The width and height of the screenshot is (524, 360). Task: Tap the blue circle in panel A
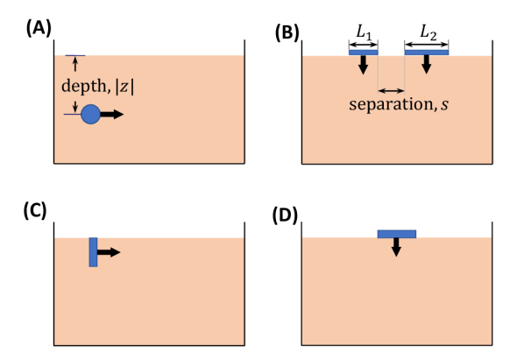click(x=91, y=114)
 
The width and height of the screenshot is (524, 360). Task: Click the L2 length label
click(x=427, y=32)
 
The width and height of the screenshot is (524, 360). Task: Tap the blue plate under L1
click(x=363, y=53)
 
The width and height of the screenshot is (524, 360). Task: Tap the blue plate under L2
click(x=426, y=53)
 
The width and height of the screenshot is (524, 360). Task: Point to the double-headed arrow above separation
click(x=391, y=89)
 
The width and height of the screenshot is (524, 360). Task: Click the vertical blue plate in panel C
click(x=93, y=252)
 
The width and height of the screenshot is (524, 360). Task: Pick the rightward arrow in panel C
click(x=109, y=252)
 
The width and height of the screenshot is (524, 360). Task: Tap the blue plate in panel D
click(x=396, y=234)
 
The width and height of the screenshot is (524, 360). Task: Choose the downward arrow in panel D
click(x=396, y=247)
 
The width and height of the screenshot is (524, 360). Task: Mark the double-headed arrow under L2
click(x=426, y=42)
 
